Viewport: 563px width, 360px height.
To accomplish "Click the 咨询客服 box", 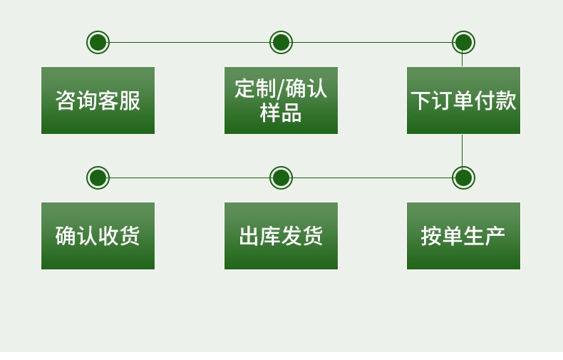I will click(x=98, y=101).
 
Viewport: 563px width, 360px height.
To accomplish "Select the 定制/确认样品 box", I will click(x=281, y=101).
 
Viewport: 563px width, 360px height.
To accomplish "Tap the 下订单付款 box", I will click(x=463, y=101).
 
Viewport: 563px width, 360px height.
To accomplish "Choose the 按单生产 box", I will click(x=463, y=236).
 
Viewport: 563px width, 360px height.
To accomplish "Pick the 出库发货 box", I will click(x=281, y=236).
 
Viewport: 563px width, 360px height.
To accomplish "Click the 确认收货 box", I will click(x=98, y=236).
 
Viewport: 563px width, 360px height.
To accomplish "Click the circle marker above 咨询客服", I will click(x=98, y=42).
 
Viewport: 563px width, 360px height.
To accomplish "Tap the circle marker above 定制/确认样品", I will click(x=281, y=42).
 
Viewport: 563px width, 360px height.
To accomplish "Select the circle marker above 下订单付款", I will click(x=463, y=42).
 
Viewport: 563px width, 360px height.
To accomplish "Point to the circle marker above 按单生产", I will click(x=463, y=178).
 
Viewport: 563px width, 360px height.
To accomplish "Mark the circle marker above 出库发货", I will click(x=281, y=178).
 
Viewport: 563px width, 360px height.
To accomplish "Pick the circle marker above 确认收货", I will click(x=98, y=178).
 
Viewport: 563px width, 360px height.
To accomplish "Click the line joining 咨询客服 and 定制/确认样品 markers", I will click(x=190, y=42).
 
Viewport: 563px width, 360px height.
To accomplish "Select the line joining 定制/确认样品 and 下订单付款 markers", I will click(x=372, y=42).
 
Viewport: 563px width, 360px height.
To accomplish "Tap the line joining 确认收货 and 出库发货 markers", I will click(x=190, y=178).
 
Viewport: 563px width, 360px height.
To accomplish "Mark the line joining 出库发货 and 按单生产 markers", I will click(x=372, y=178).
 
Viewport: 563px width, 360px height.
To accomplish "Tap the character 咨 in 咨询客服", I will click(x=66, y=101).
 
